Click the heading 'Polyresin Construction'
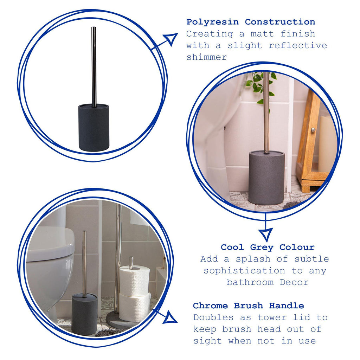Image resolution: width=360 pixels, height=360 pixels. click(250, 22)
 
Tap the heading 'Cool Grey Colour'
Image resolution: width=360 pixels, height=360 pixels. click(268, 247)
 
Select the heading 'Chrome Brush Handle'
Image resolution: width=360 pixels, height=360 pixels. click(249, 306)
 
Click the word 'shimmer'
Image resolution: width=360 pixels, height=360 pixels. click(207, 57)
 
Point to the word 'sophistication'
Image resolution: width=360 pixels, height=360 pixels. click(244, 271)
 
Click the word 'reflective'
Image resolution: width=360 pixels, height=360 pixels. click(298, 45)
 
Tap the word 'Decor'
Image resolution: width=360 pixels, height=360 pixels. click(294, 282)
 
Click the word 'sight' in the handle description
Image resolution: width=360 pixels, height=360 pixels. click(207, 341)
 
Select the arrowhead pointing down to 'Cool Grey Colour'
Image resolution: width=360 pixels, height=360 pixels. click(266, 234)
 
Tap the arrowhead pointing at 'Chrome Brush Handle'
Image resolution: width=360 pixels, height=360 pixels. click(170, 317)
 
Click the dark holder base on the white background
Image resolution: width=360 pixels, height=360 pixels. click(94, 128)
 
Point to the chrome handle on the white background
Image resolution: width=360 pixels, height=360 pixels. click(94, 67)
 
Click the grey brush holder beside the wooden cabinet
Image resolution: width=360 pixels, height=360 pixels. click(266, 177)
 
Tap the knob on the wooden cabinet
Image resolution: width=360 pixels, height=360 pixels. click(313, 130)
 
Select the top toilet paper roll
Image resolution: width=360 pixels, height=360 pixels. click(135, 279)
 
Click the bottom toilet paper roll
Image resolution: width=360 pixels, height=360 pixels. click(135, 308)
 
